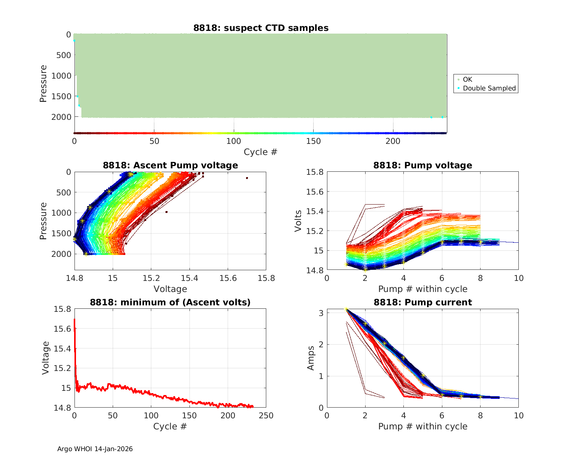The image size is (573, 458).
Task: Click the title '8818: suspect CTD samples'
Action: click(261, 28)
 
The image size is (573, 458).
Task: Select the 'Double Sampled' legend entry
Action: click(489, 88)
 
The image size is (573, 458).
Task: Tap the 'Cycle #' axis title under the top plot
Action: click(261, 152)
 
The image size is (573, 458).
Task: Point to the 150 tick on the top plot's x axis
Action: click(314, 141)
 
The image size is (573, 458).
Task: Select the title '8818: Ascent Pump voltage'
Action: click(170, 165)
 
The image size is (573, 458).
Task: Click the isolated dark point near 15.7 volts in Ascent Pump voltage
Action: click(247, 178)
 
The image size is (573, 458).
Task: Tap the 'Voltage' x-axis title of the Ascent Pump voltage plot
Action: click(170, 289)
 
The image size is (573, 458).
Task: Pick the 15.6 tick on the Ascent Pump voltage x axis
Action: click(228, 278)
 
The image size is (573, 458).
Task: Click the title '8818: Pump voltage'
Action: click(422, 165)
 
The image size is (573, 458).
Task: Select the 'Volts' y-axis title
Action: click(298, 221)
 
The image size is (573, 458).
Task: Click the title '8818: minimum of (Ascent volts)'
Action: click(170, 302)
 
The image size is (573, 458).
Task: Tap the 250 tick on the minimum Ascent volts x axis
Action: click(266, 415)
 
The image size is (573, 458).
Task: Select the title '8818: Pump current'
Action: click(422, 302)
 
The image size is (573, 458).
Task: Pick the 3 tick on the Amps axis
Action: click(320, 313)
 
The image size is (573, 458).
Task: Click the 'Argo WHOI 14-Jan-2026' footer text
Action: click(95, 449)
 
